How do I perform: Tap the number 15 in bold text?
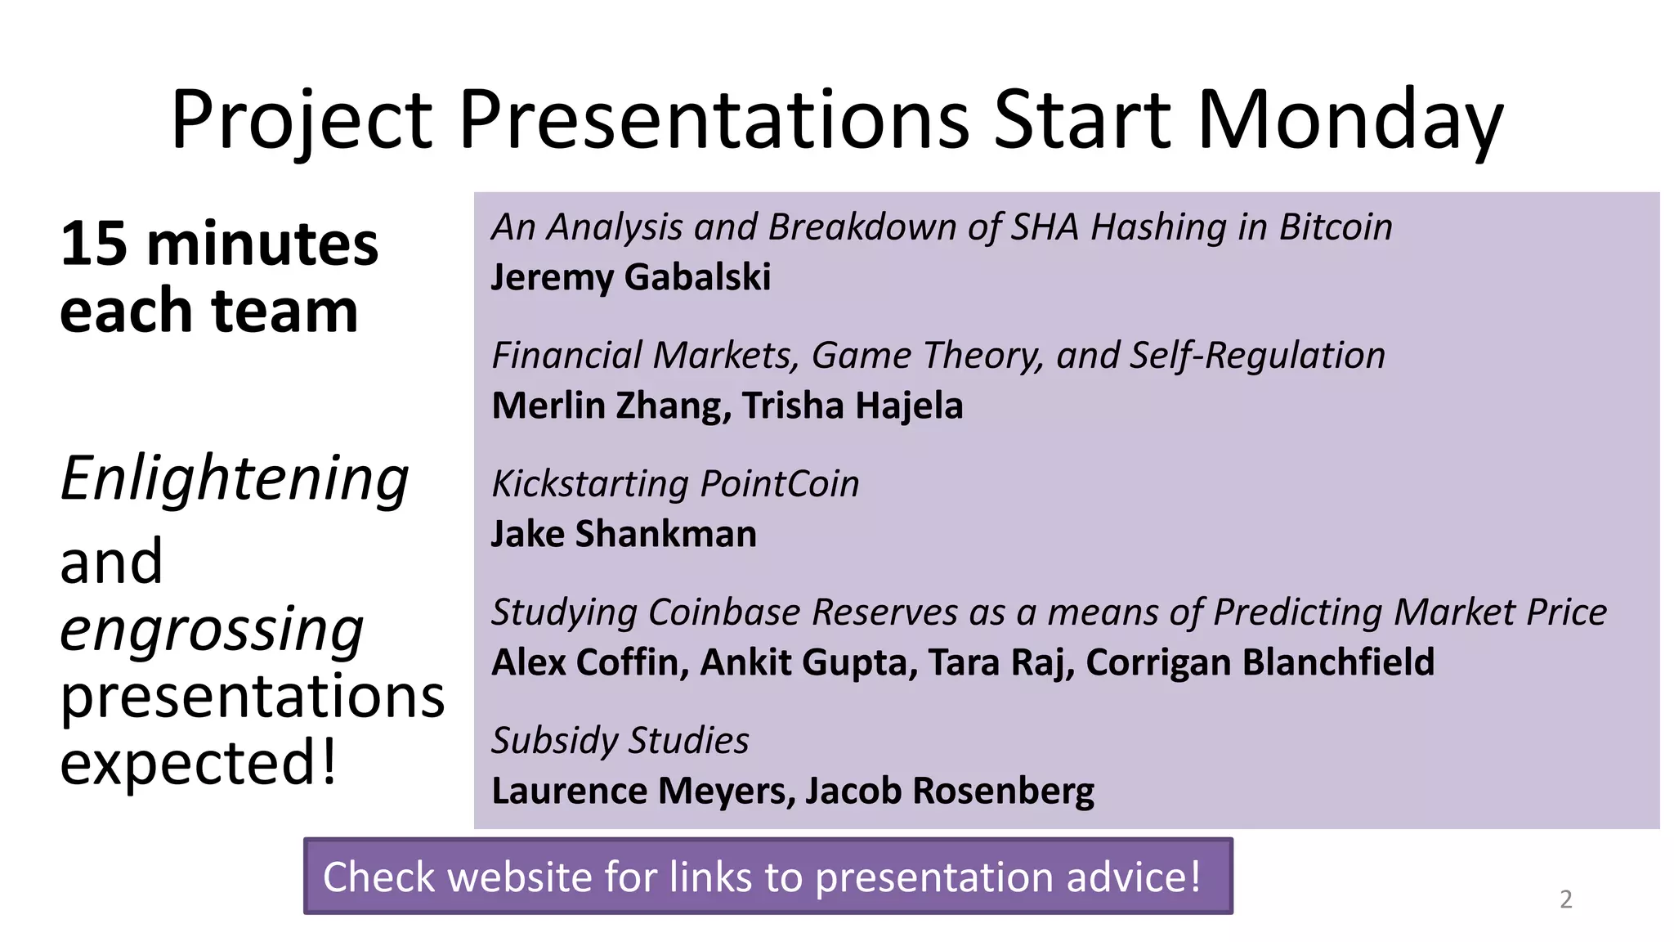[93, 244]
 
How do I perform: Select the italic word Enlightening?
[235, 479]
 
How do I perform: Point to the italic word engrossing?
[212, 630]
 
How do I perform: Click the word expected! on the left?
[199, 763]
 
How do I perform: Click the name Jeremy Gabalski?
[630, 277]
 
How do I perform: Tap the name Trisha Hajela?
[853, 406]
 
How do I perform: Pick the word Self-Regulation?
[1257, 356]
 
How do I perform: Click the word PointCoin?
[780, 484]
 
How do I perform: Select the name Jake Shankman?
[624, 534]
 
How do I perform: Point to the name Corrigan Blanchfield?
[1260, 662]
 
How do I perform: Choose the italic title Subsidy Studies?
[620, 741]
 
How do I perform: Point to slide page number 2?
[1565, 899]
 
